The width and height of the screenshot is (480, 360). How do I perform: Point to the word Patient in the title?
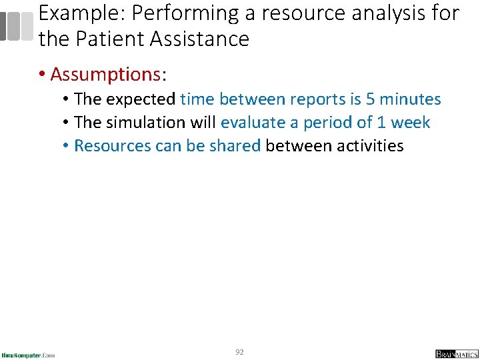(x=111, y=39)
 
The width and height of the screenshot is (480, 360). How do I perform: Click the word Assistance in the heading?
(x=201, y=39)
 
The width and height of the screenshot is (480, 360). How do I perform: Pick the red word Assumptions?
(x=109, y=74)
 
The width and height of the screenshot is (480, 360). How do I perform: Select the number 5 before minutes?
(x=371, y=99)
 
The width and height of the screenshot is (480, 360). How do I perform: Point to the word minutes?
(x=410, y=99)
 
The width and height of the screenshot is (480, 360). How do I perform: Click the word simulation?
(x=141, y=123)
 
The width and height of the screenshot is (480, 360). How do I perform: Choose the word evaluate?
(x=252, y=123)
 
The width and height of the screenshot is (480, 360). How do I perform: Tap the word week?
(x=411, y=123)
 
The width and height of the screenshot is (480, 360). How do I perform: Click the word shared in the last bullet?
(x=236, y=145)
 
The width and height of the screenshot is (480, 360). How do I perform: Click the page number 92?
(x=239, y=351)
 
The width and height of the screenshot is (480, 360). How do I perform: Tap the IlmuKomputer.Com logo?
(x=29, y=354)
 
